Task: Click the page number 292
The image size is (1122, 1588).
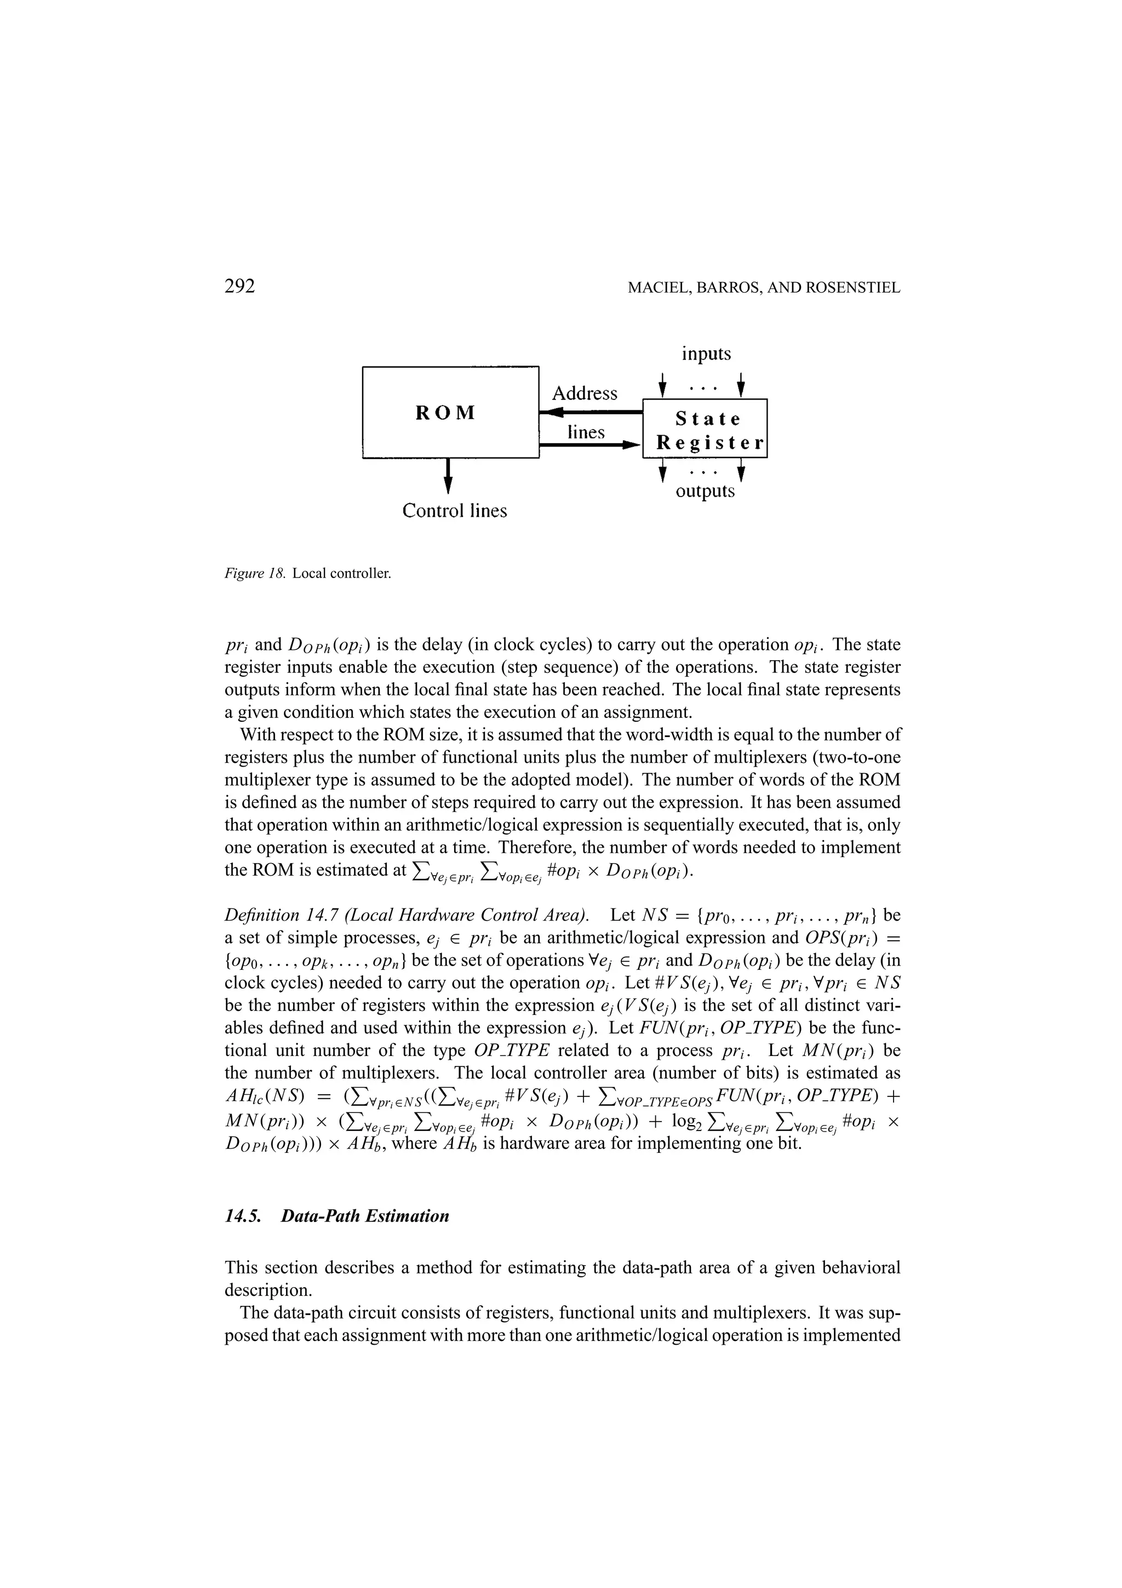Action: click(240, 287)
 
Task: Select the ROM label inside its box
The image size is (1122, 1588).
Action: click(446, 413)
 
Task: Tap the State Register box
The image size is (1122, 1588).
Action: click(705, 429)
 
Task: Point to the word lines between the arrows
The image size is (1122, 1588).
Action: click(586, 432)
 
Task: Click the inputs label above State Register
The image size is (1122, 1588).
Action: click(705, 354)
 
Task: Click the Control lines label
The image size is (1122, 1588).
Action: click(454, 511)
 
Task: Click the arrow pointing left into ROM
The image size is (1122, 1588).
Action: click(553, 413)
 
